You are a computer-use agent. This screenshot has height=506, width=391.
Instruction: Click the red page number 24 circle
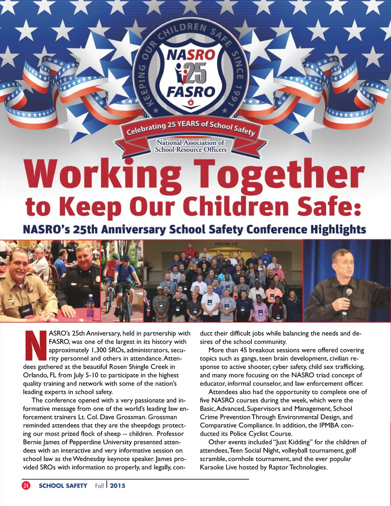click(26, 485)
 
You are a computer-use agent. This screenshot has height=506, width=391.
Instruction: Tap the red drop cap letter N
click(35, 346)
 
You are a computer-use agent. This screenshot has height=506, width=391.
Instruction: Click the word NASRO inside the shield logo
click(191, 55)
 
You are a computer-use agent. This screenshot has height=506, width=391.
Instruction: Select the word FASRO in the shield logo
click(191, 92)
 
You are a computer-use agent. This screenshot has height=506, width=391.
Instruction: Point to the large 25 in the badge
click(195, 73)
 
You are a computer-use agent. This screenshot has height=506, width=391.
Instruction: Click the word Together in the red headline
click(279, 175)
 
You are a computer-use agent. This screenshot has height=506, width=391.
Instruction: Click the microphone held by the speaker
click(348, 293)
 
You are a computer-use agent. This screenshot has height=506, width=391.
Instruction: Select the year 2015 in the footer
click(118, 486)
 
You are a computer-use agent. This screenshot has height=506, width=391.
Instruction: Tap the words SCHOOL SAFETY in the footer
click(63, 486)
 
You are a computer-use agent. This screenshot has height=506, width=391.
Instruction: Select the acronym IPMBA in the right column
click(329, 425)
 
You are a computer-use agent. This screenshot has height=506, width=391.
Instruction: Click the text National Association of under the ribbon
click(191, 142)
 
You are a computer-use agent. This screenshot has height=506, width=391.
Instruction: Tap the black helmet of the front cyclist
click(126, 257)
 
